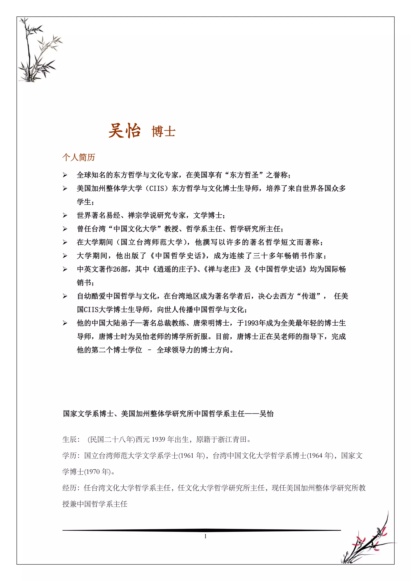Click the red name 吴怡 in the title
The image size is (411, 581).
124,131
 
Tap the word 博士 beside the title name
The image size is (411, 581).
164,132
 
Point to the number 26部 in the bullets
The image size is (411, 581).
120,269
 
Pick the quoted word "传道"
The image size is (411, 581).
309,296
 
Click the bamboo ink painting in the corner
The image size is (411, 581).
38,51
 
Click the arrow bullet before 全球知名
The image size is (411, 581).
65,175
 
